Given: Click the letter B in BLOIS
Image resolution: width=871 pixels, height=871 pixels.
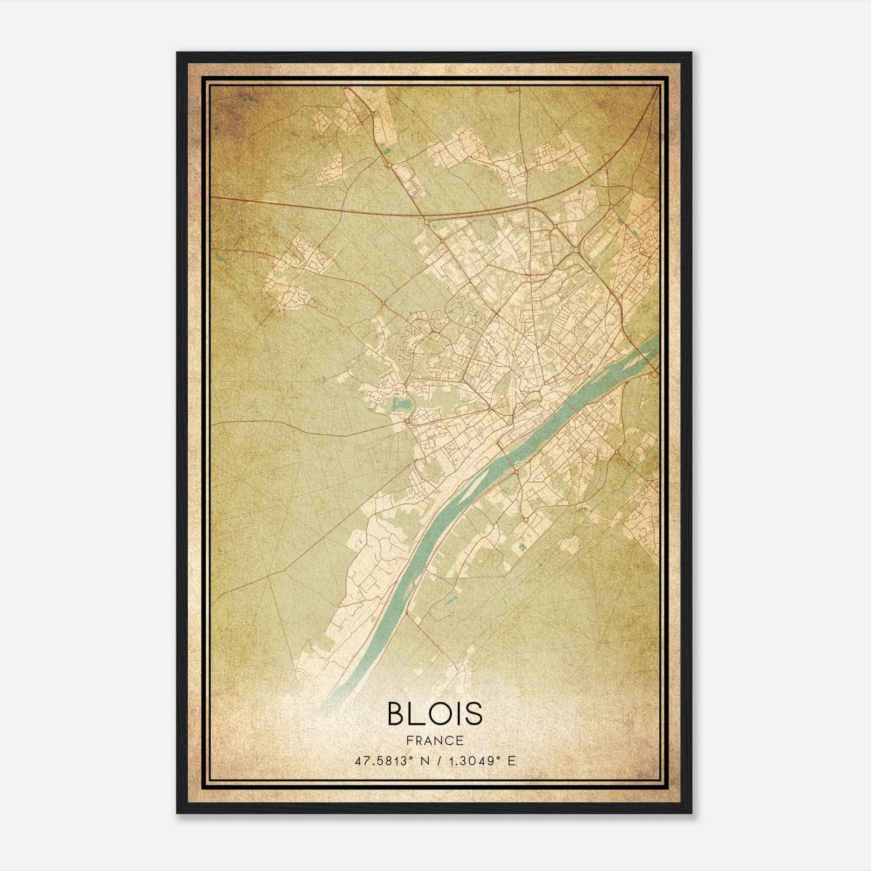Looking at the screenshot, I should pos(397,713).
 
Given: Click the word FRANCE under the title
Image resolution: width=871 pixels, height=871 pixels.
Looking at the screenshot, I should pos(434,741).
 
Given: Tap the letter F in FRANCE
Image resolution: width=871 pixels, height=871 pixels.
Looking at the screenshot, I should pos(409,741).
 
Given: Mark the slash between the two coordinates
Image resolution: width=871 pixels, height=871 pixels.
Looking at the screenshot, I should pos(437,760).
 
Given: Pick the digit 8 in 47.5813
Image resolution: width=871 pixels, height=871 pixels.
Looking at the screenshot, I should pos(389,760).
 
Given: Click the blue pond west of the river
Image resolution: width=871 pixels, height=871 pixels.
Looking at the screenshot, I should pos(402,404).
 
